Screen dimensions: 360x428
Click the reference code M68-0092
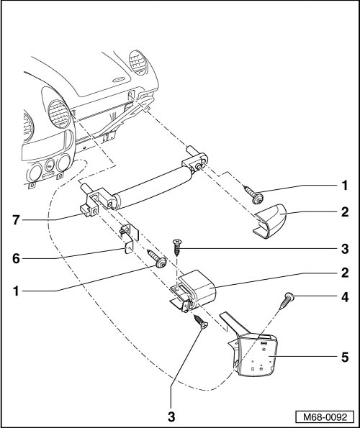(x=325, y=416)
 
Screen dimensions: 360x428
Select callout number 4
(x=346, y=297)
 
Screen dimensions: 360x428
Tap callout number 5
(x=346, y=357)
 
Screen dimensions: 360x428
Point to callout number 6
(x=16, y=258)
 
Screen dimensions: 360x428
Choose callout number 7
(x=16, y=220)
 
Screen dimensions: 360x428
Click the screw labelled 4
(x=287, y=301)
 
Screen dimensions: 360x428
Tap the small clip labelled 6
(x=129, y=238)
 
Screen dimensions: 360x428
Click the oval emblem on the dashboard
(x=120, y=80)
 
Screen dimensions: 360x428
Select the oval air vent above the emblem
(x=138, y=63)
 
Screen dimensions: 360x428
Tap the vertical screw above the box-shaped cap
(x=177, y=247)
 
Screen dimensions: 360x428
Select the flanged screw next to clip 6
(x=157, y=259)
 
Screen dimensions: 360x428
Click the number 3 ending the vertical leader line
(x=171, y=416)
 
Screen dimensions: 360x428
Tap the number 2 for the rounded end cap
(x=346, y=211)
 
